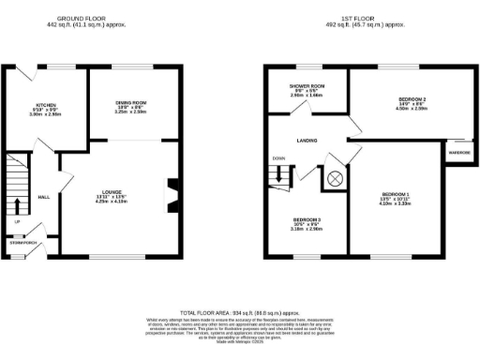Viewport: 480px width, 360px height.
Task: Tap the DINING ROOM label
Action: (x=130, y=101)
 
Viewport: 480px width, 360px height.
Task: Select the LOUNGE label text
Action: (x=112, y=190)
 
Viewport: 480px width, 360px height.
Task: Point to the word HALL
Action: (x=43, y=198)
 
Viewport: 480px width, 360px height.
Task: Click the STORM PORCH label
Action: (x=22, y=242)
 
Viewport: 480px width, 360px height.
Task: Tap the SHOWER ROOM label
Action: (x=306, y=85)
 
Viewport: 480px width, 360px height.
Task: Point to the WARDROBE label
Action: (x=457, y=152)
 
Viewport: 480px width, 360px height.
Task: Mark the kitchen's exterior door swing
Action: (x=34, y=73)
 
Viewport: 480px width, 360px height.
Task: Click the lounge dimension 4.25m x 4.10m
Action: (x=112, y=202)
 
